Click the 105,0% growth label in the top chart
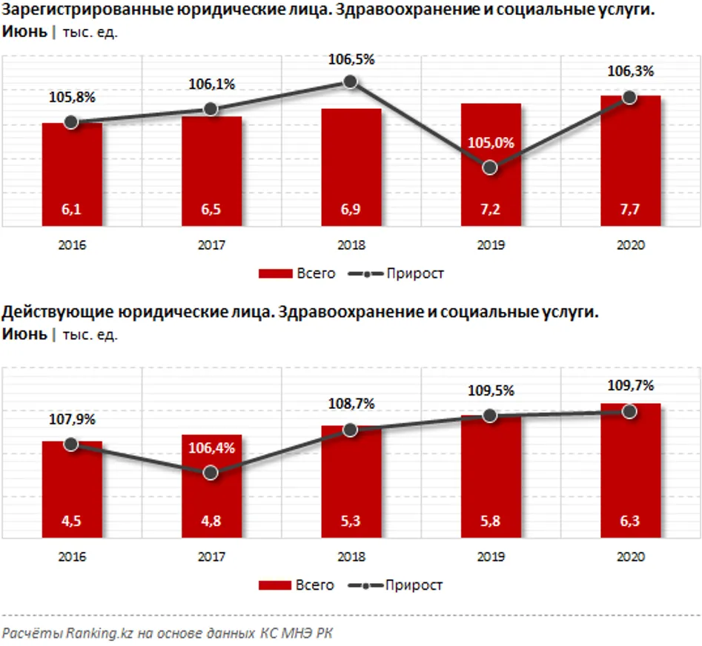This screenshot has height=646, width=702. pyautogui.click(x=490, y=144)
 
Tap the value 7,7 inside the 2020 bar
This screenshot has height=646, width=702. pyautogui.click(x=630, y=211)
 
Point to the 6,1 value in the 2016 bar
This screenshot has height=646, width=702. pyautogui.click(x=71, y=211)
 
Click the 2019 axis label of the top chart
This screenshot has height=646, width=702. pyautogui.click(x=490, y=246)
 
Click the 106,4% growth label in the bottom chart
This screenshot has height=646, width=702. pyautogui.click(x=211, y=447)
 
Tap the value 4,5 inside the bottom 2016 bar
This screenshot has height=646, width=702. pyautogui.click(x=71, y=522)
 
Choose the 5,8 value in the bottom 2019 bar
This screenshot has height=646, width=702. pyautogui.click(x=490, y=522)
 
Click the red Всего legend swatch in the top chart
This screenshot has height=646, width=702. pyautogui.click(x=275, y=273)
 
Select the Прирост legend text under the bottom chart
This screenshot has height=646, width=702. pyautogui.click(x=414, y=585)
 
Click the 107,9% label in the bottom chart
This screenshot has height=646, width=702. pyautogui.click(x=72, y=419)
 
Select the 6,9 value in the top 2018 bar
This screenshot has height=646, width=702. pyautogui.click(x=351, y=211)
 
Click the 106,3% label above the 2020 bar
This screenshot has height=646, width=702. pyautogui.click(x=630, y=72)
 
